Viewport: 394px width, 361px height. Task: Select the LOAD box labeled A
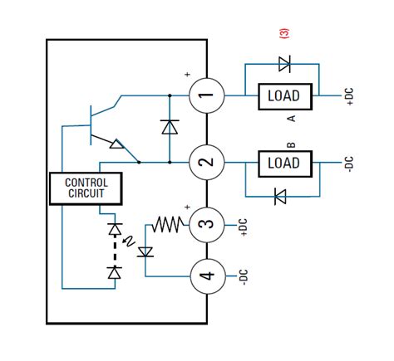coord(283,95)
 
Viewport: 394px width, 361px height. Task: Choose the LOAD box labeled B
coord(283,162)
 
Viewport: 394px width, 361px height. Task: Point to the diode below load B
coord(280,197)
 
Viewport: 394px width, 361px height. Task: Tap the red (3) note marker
coord(283,33)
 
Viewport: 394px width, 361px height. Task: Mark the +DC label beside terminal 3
coord(244,226)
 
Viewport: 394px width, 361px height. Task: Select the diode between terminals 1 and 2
coord(170,127)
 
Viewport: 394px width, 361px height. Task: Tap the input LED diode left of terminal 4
coord(147,250)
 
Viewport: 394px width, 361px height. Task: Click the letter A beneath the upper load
coord(290,119)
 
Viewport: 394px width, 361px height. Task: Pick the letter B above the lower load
coord(290,142)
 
